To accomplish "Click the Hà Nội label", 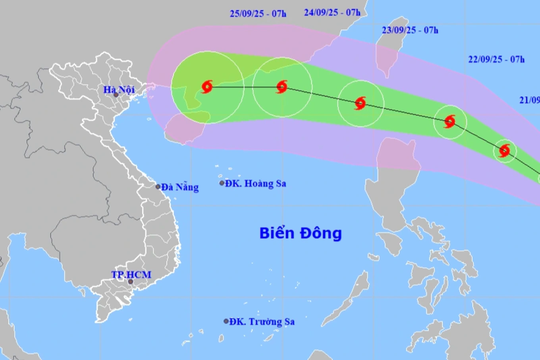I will click(x=119, y=89).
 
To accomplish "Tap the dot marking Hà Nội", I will click(x=116, y=95).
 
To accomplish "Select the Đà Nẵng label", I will click(x=180, y=187).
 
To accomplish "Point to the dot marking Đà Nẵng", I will click(x=158, y=186).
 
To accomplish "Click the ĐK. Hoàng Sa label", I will click(x=255, y=183).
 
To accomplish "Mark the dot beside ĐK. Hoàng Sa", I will click(x=222, y=183).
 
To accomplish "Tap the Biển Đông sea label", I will click(x=301, y=233).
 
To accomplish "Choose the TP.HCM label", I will click(x=131, y=275).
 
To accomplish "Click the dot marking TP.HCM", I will click(x=130, y=282).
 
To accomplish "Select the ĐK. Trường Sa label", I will click(x=262, y=321).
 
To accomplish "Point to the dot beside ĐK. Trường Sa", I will click(x=226, y=321).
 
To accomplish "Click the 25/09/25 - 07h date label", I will click(x=258, y=14).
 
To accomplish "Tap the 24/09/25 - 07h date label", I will click(x=332, y=13).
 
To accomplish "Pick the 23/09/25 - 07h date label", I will click(x=410, y=30).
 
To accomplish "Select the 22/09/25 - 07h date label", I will click(x=496, y=60).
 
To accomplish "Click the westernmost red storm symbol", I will click(x=207, y=87).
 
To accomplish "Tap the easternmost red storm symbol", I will click(x=504, y=151).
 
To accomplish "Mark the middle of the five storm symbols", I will click(x=360, y=103).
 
